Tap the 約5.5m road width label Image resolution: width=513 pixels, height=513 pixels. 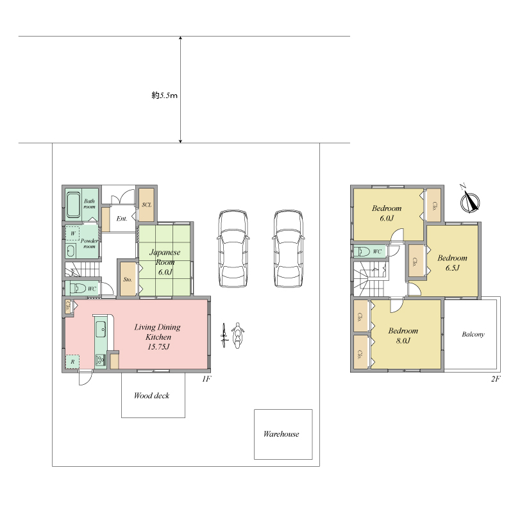(164, 95)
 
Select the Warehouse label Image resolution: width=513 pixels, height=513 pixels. (281, 434)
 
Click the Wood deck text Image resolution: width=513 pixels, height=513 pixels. (151, 396)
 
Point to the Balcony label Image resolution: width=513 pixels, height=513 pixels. (473, 334)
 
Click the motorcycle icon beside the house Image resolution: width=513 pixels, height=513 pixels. (237, 335)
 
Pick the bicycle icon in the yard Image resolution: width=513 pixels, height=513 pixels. (224, 335)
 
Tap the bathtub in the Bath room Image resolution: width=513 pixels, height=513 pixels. (73, 205)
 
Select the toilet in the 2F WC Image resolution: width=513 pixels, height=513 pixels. (362, 251)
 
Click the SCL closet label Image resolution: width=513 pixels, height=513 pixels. (147, 205)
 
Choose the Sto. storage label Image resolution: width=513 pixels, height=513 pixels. (128, 280)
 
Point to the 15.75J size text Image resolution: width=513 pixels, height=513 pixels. (158, 347)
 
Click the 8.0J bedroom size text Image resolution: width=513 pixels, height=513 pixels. (403, 341)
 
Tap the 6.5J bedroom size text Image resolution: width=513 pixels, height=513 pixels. (453, 268)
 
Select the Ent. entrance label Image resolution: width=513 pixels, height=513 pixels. (122, 219)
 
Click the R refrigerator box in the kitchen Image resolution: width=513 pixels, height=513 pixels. (72, 362)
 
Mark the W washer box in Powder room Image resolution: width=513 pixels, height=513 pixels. (72, 233)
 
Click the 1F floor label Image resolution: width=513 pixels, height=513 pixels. (206, 379)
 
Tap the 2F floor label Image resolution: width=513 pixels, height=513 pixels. (496, 379)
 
